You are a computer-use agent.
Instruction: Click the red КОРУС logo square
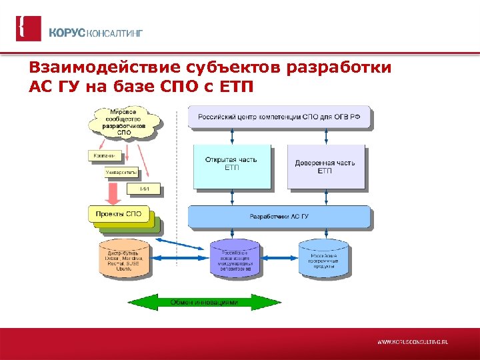[x=28, y=29]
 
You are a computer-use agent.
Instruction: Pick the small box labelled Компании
[x=105, y=156]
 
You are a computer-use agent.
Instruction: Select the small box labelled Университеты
[x=121, y=173]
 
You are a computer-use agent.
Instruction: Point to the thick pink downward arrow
[x=114, y=193]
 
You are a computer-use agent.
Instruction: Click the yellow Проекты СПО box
[x=118, y=215]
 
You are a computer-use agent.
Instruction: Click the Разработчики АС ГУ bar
[x=279, y=216]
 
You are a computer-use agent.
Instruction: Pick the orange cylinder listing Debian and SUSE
[x=125, y=259]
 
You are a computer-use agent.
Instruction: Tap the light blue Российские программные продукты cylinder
[x=323, y=259]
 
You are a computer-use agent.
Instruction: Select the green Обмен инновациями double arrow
[x=205, y=302]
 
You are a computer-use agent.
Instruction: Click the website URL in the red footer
[x=413, y=341]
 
